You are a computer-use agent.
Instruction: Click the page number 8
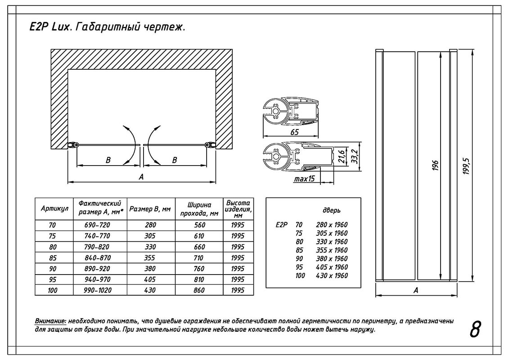click(475, 330)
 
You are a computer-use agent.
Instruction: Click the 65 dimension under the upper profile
click(295, 132)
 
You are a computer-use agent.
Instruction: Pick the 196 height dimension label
click(435, 166)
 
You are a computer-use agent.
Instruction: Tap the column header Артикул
click(54, 209)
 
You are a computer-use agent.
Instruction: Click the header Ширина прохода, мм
click(199, 209)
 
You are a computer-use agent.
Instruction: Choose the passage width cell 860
click(199, 290)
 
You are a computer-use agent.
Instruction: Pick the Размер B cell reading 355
click(150, 258)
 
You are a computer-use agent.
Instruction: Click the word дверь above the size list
click(332, 210)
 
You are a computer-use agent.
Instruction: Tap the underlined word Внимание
click(50, 321)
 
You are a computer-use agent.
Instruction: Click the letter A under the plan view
click(141, 177)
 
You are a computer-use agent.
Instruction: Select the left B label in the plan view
click(108, 160)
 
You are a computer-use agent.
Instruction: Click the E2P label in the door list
click(281, 225)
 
